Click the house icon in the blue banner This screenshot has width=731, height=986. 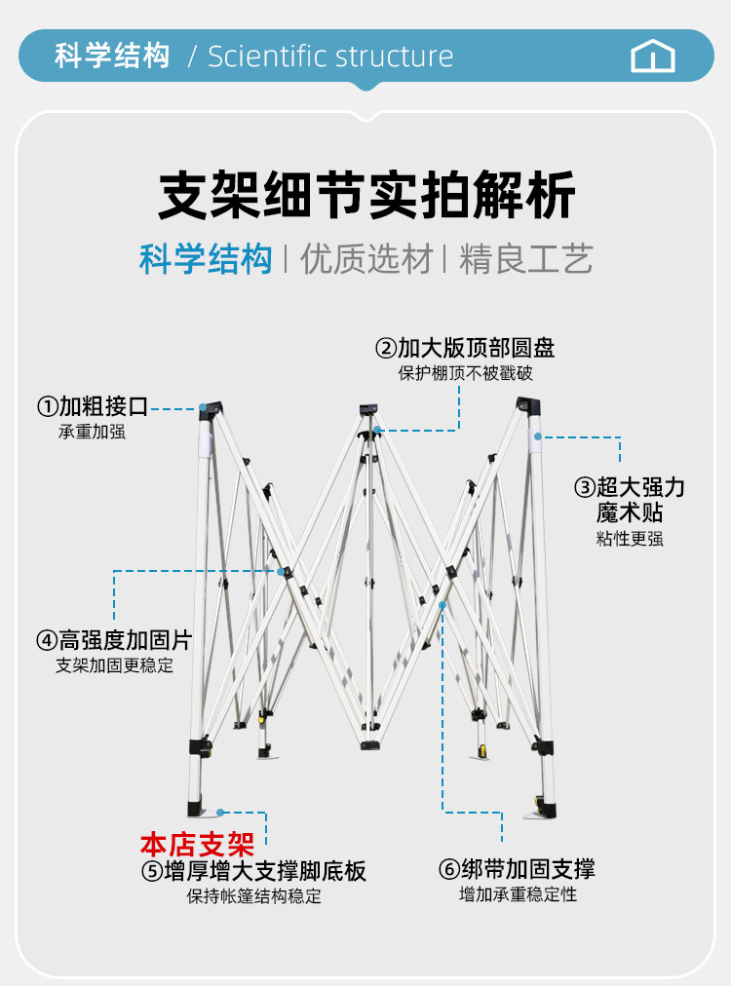point(653,56)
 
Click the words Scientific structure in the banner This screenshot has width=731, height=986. point(330,56)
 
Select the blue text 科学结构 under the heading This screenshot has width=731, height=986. point(206,259)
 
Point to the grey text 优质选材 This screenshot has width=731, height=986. point(365,259)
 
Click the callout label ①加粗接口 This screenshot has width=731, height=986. point(93,406)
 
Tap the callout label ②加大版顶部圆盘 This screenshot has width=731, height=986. point(466,348)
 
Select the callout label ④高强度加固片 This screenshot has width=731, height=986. point(114,641)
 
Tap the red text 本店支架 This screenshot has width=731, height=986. point(197,843)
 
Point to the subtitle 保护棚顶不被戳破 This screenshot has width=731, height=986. point(466,373)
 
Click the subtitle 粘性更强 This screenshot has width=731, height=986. point(630,539)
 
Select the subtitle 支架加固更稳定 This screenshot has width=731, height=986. point(114,665)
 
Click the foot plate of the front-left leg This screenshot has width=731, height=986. point(203,810)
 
